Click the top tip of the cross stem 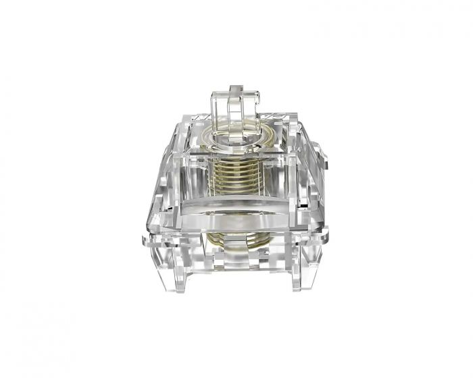[x=234, y=88]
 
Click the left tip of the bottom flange [x=145, y=238]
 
